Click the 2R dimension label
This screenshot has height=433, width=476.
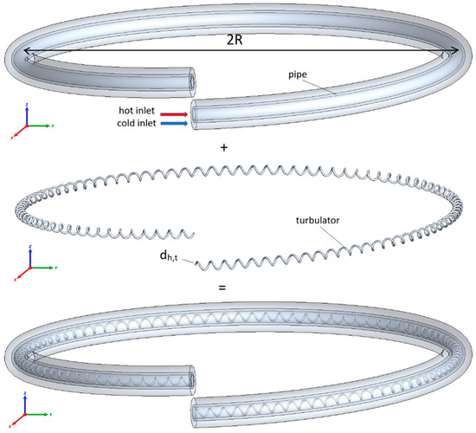click(x=235, y=39)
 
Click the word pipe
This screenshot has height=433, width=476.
click(x=298, y=74)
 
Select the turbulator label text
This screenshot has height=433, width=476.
click(x=318, y=220)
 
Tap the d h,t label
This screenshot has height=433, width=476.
click(x=169, y=256)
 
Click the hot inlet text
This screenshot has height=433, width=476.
click(x=137, y=110)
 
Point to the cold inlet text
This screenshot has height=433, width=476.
click(x=137, y=123)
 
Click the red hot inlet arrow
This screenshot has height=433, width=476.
click(x=174, y=114)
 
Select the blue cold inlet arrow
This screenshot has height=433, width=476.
click(x=174, y=123)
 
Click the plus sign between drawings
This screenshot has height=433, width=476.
click(x=224, y=148)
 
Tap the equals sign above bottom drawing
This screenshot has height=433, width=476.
click(x=222, y=288)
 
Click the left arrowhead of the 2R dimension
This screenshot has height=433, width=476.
click(x=26, y=50)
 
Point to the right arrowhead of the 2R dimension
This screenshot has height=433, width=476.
click(x=455, y=50)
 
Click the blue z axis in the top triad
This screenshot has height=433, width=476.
click(x=27, y=114)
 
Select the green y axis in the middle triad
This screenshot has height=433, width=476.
click(x=43, y=268)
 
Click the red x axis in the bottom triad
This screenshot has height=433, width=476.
click(x=18, y=419)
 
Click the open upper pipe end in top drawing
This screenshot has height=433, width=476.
click(x=192, y=82)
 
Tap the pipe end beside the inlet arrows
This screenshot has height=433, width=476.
click(x=194, y=114)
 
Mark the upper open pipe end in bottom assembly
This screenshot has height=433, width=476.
click(x=192, y=380)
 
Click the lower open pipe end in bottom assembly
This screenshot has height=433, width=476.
click(x=194, y=412)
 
